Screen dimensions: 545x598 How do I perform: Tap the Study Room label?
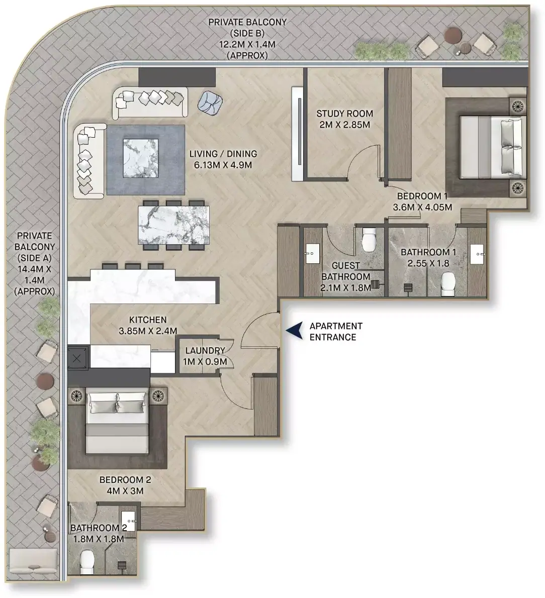pos(344,113)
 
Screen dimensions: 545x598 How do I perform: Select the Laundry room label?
pos(205,350)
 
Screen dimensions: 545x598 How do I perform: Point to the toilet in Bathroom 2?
pos(87,561)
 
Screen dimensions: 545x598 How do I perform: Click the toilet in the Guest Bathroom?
pos(369,240)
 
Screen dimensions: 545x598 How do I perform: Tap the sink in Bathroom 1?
pos(477,254)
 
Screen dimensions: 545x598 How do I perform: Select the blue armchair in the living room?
pos(210,102)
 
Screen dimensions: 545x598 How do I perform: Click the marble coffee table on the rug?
pos(141,158)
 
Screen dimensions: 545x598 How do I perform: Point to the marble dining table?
pos(173,225)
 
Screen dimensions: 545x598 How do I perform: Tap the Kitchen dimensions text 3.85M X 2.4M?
pos(148,331)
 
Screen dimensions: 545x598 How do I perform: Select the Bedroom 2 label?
pos(125,479)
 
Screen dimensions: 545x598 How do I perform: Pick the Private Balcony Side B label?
pos(247,39)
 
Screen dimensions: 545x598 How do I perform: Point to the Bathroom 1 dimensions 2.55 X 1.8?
pos(428,263)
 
